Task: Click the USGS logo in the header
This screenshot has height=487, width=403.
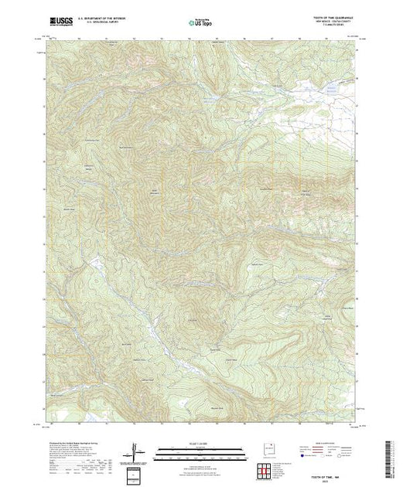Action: pos(60,22)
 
